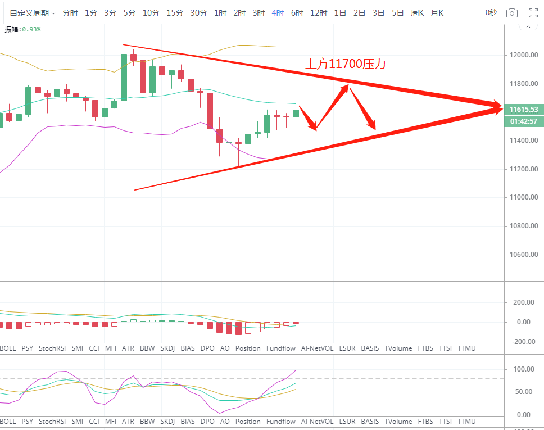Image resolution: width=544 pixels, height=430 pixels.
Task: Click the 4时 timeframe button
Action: [278, 13]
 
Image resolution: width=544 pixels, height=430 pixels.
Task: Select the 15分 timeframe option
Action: [175, 13]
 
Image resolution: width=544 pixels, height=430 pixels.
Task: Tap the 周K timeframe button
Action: [417, 13]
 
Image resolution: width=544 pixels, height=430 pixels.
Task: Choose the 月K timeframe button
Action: [437, 13]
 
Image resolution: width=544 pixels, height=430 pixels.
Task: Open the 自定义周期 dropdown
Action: [33, 13]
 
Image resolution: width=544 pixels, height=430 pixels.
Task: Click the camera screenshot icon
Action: [511, 13]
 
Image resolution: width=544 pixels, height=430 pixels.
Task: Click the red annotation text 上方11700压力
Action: [346, 65]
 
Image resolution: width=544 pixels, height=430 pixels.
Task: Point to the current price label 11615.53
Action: [524, 110]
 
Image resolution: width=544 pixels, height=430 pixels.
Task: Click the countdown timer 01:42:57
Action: [524, 121]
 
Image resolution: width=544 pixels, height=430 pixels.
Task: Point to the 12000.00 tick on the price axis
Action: [524, 55]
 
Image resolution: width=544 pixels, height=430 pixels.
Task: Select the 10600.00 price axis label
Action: [524, 255]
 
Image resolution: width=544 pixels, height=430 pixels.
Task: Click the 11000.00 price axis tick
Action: [524, 197]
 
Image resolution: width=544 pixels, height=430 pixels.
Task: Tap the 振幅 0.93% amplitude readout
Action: [23, 29]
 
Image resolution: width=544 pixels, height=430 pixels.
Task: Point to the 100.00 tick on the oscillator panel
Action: [523, 369]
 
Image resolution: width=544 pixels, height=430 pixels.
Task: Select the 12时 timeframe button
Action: [319, 13]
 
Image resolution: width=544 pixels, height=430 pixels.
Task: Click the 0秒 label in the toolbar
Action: [491, 13]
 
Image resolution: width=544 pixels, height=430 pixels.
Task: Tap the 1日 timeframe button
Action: [340, 13]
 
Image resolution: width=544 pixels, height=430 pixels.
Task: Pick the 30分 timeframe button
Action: [198, 13]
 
